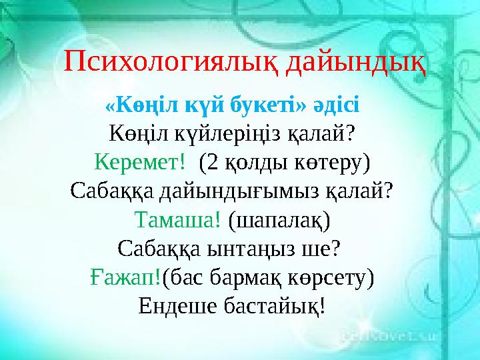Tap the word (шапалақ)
[279, 219]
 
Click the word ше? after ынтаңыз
[325, 248]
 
